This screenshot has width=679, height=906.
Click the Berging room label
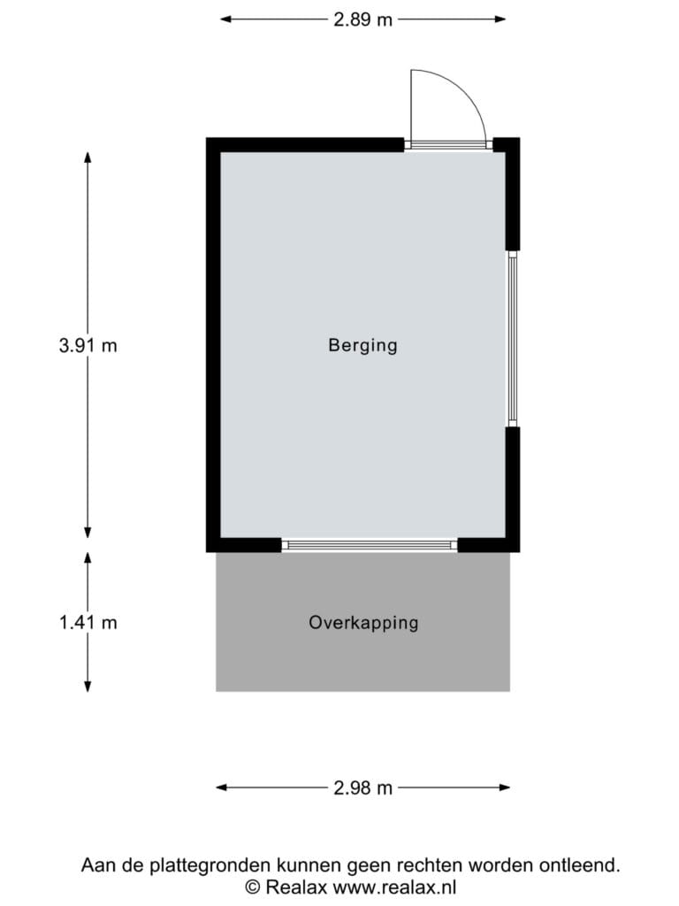click(x=362, y=346)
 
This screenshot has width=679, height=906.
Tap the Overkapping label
click(x=363, y=623)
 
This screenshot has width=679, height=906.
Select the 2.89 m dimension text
click(x=362, y=19)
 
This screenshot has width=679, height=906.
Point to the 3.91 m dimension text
click(x=88, y=346)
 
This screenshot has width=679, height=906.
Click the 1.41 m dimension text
click(x=88, y=623)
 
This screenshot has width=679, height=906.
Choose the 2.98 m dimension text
click(x=362, y=787)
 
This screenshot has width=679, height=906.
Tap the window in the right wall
click(x=512, y=339)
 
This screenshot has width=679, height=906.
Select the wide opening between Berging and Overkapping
click(x=370, y=545)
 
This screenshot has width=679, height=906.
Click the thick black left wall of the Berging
click(x=213, y=345)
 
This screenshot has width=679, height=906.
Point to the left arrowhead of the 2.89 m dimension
click(x=225, y=19)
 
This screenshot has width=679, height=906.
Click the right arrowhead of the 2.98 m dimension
click(x=505, y=787)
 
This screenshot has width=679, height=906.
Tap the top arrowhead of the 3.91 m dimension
click(x=88, y=157)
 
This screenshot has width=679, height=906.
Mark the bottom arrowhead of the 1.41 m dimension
click(x=88, y=686)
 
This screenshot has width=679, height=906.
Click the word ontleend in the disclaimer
click(x=580, y=865)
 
